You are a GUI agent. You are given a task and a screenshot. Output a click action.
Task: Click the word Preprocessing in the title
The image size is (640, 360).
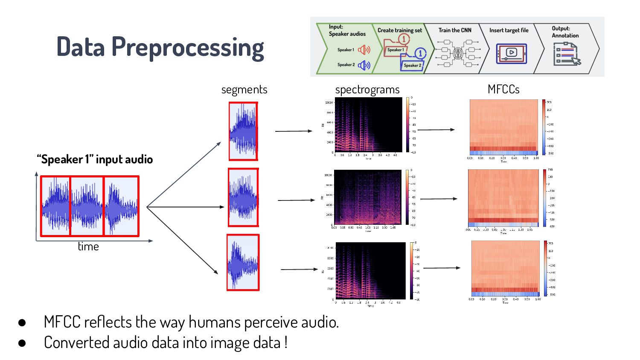tap(188, 47)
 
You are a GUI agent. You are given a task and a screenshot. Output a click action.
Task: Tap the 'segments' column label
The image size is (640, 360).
tap(244, 90)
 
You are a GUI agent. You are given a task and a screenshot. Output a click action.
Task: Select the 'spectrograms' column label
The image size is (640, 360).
tap(367, 90)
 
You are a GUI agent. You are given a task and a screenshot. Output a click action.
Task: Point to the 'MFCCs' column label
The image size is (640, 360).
tap(503, 89)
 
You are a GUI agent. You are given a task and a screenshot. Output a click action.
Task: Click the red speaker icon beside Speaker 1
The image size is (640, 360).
tap(364, 50)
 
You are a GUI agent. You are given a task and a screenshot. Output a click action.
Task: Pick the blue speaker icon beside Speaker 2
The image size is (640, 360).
tap(364, 65)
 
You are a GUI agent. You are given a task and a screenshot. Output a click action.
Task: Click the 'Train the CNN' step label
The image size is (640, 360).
tap(455, 30)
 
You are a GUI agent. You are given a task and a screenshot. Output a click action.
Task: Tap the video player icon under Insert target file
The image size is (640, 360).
tap(511, 53)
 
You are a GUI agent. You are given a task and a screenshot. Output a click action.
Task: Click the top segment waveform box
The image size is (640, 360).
tap(243, 131)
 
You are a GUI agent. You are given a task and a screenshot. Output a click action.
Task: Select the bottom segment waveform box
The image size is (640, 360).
tap(243, 262)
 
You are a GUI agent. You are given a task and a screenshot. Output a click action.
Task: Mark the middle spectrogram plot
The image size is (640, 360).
tap(368, 197)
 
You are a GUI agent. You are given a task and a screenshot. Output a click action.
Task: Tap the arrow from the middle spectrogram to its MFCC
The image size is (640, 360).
tap(439, 199)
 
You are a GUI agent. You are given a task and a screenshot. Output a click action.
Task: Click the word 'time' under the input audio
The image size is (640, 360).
tap(88, 247)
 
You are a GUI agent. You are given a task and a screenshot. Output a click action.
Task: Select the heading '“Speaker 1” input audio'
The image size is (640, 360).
tap(95, 160)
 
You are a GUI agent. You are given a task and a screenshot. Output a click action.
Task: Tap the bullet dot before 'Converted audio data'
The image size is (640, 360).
tap(22, 343)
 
